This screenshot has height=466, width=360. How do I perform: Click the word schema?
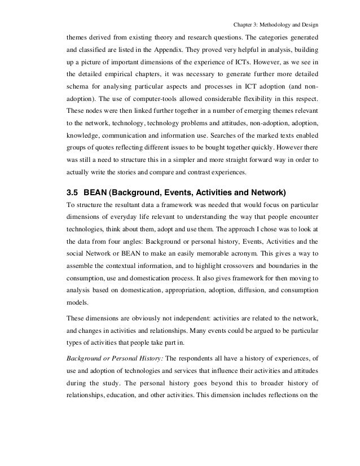79,90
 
